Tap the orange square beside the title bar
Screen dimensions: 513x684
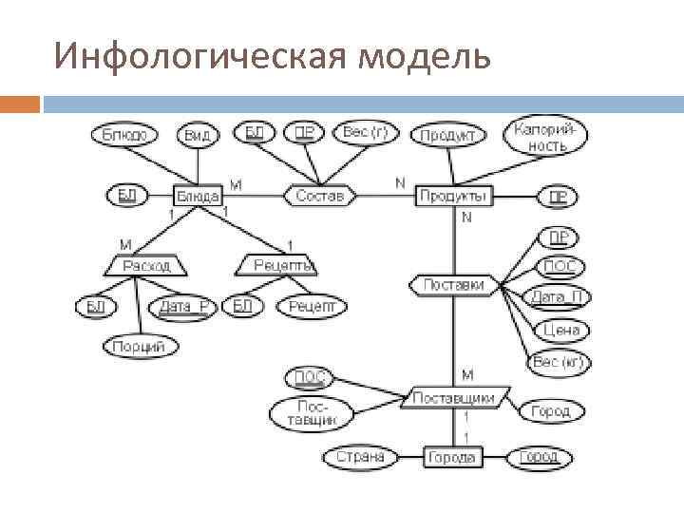[x=20, y=104]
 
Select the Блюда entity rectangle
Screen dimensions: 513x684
[x=198, y=196]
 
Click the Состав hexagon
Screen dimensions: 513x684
[x=321, y=196]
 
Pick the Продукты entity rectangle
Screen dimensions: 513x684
[x=453, y=196]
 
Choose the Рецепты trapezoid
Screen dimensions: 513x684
[x=277, y=265]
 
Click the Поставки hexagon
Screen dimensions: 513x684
[x=454, y=284]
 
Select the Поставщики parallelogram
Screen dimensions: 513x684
[x=457, y=398]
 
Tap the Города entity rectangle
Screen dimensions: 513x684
[x=452, y=457]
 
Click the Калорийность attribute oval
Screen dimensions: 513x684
[x=549, y=138]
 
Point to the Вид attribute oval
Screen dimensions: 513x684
[x=198, y=135]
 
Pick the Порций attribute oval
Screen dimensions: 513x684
[x=139, y=347]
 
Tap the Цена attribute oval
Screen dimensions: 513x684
[x=562, y=331]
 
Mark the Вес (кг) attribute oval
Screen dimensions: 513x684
[x=559, y=363]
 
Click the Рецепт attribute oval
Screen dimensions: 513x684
[x=312, y=306]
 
